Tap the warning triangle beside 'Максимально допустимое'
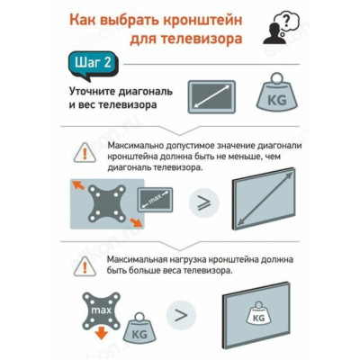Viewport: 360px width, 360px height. (x=86, y=152)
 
